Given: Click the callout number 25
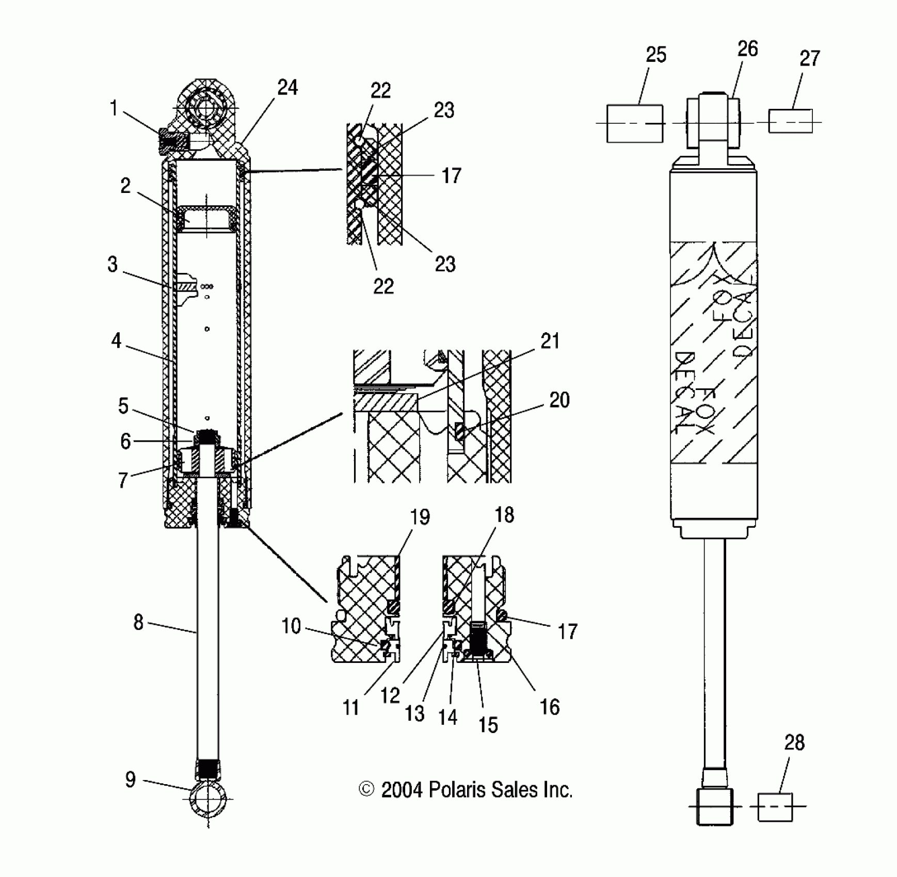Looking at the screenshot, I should [x=656, y=55].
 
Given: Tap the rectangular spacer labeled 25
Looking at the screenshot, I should [x=634, y=123].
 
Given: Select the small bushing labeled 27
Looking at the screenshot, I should [x=790, y=121].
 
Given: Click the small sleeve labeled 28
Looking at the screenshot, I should [x=775, y=807].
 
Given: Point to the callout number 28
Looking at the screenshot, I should [x=794, y=743].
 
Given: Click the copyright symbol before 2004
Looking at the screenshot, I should [x=366, y=790].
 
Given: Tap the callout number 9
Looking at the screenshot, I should [x=131, y=780].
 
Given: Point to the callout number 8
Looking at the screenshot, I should [x=138, y=623].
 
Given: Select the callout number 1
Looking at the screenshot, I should [x=114, y=109].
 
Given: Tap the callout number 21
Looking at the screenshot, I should [x=550, y=341].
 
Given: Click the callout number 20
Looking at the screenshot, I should [x=559, y=400].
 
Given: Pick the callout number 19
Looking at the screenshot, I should [x=420, y=517].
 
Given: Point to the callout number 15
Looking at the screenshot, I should [x=488, y=725].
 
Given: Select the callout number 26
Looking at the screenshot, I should [x=747, y=49].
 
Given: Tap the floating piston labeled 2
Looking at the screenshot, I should [x=207, y=219].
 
